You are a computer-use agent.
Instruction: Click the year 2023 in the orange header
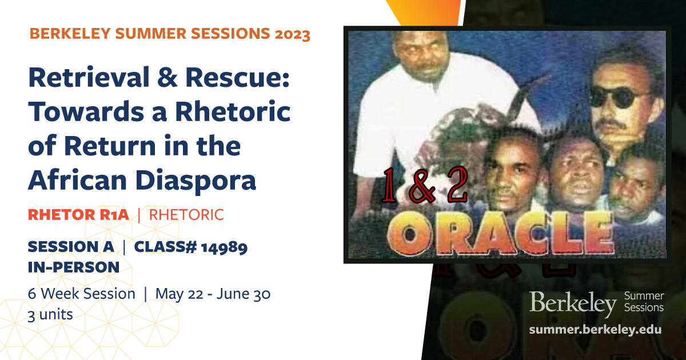click(x=292, y=34)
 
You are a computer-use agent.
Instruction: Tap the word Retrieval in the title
click(x=89, y=78)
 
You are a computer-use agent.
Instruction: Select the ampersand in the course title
click(x=167, y=78)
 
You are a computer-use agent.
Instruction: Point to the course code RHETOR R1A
click(x=78, y=215)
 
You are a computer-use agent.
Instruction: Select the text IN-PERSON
click(x=74, y=267)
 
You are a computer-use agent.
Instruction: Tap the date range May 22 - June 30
click(x=213, y=294)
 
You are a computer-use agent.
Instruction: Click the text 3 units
click(x=50, y=315)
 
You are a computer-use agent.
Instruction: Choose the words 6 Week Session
click(x=81, y=294)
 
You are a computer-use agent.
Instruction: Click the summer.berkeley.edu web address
click(x=595, y=330)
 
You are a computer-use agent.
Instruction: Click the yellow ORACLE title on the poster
click(x=501, y=233)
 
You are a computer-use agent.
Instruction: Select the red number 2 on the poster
click(x=457, y=185)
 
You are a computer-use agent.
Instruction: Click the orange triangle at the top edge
click(x=424, y=11)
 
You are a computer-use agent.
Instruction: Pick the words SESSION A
click(x=71, y=247)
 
